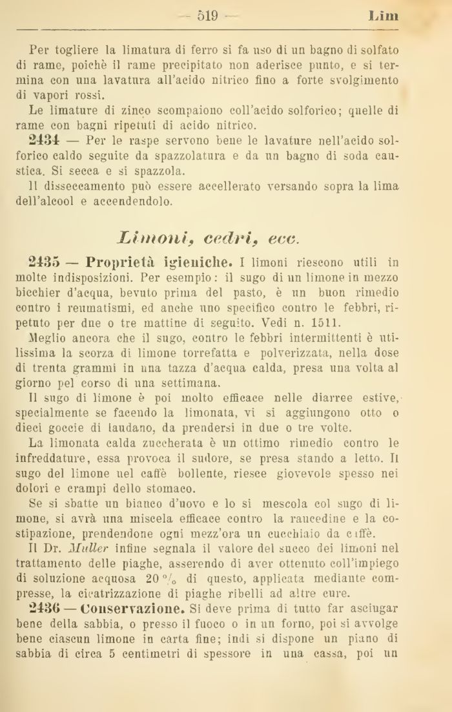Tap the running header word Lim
pos(383,16)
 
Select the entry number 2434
pos(45,140)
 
